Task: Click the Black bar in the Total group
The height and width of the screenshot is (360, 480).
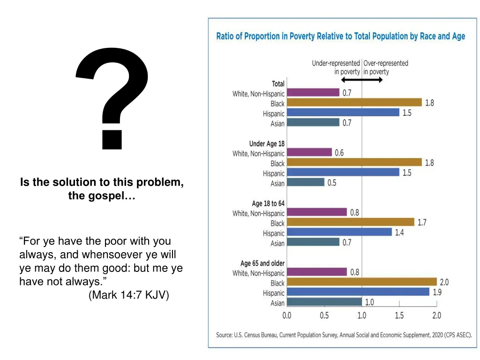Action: (x=354, y=103)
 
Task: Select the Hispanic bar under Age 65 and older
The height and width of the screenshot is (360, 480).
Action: (x=358, y=292)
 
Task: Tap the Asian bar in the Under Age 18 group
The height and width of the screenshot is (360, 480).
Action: (x=306, y=182)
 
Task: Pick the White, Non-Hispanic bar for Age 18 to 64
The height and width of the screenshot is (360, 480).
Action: (x=317, y=212)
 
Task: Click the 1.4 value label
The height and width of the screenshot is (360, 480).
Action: (x=399, y=232)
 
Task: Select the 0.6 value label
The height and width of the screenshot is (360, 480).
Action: (x=339, y=153)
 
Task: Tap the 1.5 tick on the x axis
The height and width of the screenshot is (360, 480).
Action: (x=399, y=315)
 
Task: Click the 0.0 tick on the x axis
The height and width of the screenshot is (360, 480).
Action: (x=286, y=315)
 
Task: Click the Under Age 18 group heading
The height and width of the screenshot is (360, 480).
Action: (x=267, y=143)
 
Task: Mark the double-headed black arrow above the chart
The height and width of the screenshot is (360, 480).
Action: (x=362, y=80)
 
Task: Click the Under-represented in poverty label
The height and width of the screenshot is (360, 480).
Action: (x=336, y=67)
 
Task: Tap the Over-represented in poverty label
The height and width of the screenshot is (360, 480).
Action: (x=386, y=67)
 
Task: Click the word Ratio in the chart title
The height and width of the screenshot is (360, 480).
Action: (x=225, y=37)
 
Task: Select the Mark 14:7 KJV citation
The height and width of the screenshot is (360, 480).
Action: (x=128, y=295)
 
